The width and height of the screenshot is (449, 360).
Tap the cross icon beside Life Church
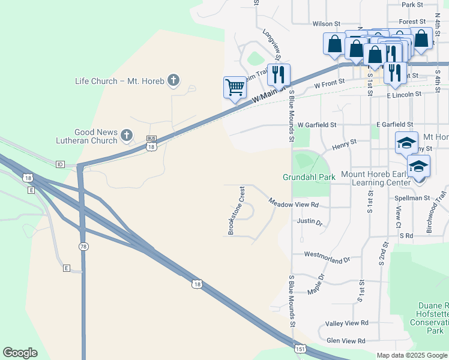pyautogui.click(x=173, y=80)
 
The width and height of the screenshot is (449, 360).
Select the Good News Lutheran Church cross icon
pyautogui.click(x=127, y=136)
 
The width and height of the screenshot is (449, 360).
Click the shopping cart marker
pyautogui.click(x=235, y=87)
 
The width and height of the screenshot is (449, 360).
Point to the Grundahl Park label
pyautogui.click(x=309, y=177)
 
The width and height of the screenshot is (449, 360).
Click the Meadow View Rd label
pyautogui.click(x=293, y=204)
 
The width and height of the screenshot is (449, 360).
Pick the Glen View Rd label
pyautogui.click(x=345, y=341)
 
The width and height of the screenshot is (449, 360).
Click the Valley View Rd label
pyautogui.click(x=346, y=323)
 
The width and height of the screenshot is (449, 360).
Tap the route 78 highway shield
pyautogui.click(x=83, y=246)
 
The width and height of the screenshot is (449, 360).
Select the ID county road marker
pyautogui.click(x=60, y=164)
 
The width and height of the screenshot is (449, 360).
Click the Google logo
pyautogui.click(x=20, y=353)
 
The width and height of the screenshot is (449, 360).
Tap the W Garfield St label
pyautogui.click(x=317, y=124)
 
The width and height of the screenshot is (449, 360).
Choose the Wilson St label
pyautogui.click(x=327, y=24)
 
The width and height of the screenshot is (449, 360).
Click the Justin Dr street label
pyautogui.click(x=310, y=221)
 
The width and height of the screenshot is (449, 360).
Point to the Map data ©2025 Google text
pyautogui.click(x=411, y=355)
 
